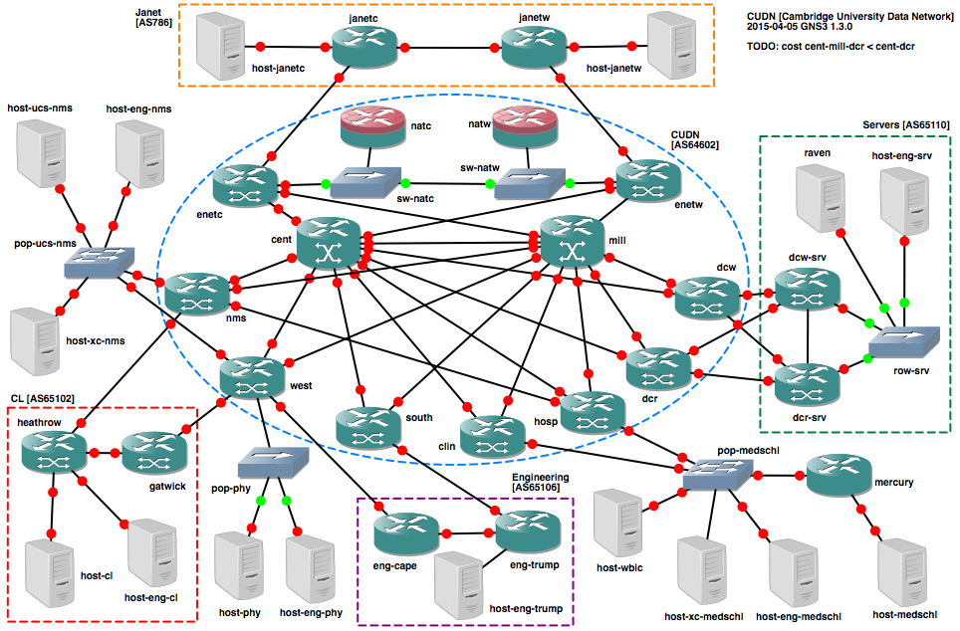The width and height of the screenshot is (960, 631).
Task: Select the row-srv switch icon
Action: (x=904, y=341)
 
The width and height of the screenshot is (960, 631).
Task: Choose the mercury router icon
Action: (x=839, y=477)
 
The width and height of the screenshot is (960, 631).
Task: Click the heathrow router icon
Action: (x=53, y=452)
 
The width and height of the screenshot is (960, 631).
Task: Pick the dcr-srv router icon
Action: (x=808, y=384)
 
